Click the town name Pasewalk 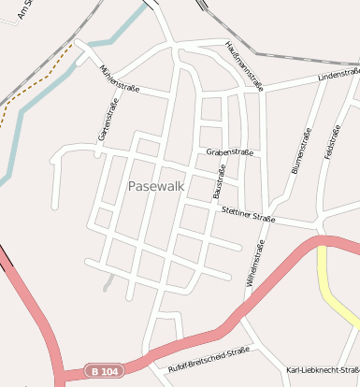tap(156, 186)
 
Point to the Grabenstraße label tap(230, 150)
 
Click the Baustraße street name tap(221, 181)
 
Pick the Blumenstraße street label tap(301, 151)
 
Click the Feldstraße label tap(330, 140)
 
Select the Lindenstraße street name tap(338, 74)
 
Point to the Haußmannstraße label tap(244, 64)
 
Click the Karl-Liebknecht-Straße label tap(323, 370)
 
